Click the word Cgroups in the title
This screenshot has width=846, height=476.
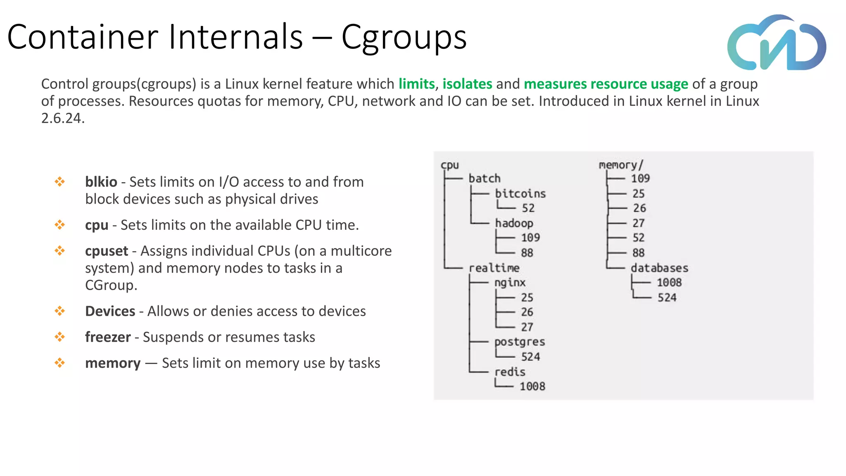404,37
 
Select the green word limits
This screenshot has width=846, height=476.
416,84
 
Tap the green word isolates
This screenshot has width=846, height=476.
467,84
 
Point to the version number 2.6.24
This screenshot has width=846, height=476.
63,118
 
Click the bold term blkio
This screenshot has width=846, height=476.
101,182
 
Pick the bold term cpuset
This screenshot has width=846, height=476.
107,251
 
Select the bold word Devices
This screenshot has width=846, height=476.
110,311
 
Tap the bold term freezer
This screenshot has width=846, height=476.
108,337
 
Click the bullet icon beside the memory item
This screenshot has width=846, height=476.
60,363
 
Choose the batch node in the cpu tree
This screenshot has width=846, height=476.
484,178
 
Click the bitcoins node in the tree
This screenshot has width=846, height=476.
520,193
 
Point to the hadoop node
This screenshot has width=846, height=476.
514,223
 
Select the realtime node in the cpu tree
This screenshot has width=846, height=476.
494,268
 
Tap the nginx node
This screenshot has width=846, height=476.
510,283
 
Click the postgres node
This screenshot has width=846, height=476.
519,342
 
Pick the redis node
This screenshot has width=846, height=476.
510,372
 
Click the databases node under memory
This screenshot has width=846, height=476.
659,268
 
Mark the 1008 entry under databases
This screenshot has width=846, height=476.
669,283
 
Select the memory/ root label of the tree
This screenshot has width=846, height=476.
621,165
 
